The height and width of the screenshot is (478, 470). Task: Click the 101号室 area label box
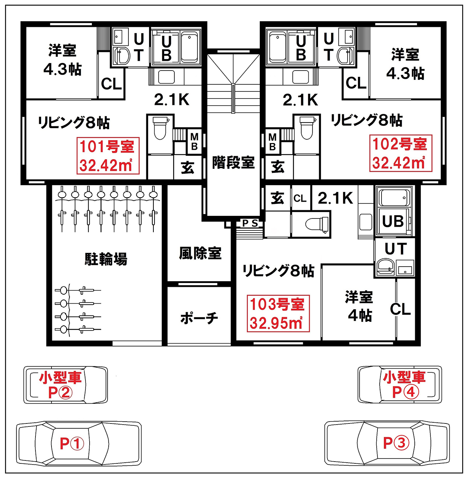(x=108, y=156)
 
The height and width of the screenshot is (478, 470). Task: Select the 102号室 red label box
(x=401, y=153)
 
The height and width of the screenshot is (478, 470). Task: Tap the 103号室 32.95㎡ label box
(x=278, y=314)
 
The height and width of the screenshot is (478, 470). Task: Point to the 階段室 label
(x=233, y=163)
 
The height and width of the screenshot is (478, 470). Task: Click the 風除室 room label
(x=200, y=253)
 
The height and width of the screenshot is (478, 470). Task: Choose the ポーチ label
(x=199, y=318)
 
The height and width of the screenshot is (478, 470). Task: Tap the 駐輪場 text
(x=106, y=259)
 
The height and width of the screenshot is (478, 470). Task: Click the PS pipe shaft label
(x=250, y=223)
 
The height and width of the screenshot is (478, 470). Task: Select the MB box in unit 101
(x=194, y=142)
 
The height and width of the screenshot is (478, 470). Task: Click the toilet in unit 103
(x=317, y=224)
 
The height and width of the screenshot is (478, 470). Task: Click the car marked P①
(x=79, y=444)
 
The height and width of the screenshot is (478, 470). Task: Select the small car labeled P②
(x=66, y=385)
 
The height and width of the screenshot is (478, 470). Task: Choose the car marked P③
(x=387, y=443)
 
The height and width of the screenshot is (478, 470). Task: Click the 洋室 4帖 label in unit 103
(x=359, y=306)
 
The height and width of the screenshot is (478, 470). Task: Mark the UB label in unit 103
(x=393, y=221)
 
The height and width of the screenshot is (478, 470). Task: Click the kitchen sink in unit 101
(x=166, y=77)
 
